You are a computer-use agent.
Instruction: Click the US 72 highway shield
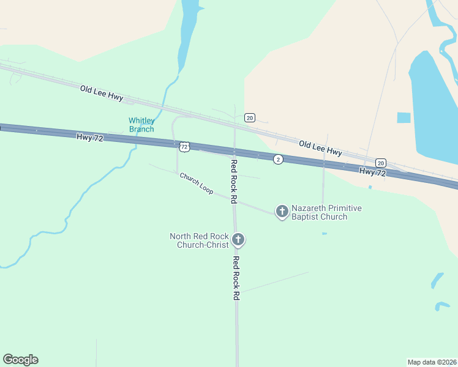click(184, 147)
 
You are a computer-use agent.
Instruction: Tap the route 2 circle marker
click(278, 159)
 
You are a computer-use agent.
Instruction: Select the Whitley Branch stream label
click(141, 125)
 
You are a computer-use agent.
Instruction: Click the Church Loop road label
click(197, 183)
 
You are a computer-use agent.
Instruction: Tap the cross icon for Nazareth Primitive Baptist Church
click(282, 212)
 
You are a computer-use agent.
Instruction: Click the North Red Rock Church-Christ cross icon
click(238, 240)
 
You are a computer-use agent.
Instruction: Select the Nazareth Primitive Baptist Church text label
click(326, 212)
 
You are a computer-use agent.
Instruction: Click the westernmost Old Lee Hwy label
click(102, 93)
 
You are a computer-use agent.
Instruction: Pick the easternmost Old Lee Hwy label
click(320, 147)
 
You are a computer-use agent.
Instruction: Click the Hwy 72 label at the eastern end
click(373, 172)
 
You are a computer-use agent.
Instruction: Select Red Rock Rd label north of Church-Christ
click(233, 181)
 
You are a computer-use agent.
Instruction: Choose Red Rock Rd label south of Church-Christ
click(236, 278)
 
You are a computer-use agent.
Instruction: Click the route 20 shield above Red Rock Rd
click(249, 117)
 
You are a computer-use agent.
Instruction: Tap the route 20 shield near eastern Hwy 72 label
click(381, 163)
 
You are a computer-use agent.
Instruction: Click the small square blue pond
click(404, 117)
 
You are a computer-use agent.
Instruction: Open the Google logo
click(20, 360)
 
